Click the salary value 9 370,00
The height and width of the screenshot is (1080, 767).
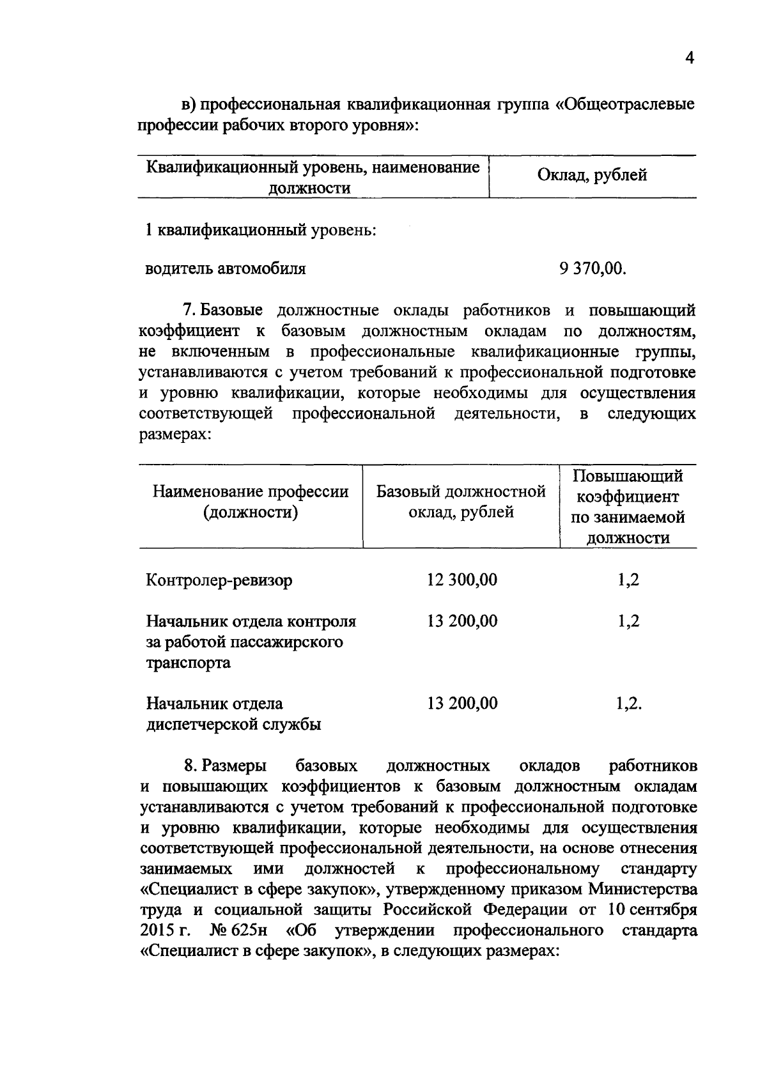tap(593, 268)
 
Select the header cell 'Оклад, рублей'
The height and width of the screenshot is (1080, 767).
tap(592, 175)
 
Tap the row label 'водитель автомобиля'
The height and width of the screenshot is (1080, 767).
tap(226, 268)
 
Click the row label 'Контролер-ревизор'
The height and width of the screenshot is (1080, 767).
tap(219, 580)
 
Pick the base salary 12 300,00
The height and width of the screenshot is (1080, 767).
tap(461, 580)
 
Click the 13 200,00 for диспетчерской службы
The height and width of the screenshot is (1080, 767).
tap(461, 703)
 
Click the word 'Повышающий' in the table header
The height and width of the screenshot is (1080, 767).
tap(628, 476)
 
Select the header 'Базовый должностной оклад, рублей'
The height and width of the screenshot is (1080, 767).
tap(461, 502)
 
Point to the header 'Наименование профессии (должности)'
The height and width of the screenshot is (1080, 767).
tap(251, 502)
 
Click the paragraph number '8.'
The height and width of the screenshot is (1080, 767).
tap(189, 766)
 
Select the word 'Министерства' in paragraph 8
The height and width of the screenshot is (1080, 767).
tap(643, 889)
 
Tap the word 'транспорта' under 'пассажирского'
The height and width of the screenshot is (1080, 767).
tap(188, 663)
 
